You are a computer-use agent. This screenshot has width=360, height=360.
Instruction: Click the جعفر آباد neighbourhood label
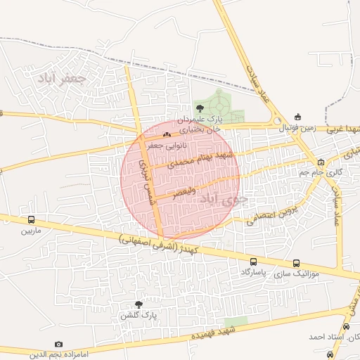point(63,78)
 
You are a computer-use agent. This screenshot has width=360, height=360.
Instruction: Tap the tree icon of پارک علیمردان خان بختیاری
point(201,108)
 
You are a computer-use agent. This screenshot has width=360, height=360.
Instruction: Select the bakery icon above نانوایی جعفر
point(167,134)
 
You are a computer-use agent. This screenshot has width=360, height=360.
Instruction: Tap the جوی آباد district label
point(224,200)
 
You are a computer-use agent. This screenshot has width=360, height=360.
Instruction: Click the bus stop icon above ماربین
point(30,219)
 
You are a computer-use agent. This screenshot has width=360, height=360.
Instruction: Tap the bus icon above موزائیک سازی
point(295,262)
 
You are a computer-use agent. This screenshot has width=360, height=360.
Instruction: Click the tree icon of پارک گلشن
point(138,304)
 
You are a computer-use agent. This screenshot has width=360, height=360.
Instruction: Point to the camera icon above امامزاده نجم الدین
point(58,344)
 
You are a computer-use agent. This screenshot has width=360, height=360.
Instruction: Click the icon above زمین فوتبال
point(298,117)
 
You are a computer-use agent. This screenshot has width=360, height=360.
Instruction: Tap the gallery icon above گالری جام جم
point(321,161)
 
